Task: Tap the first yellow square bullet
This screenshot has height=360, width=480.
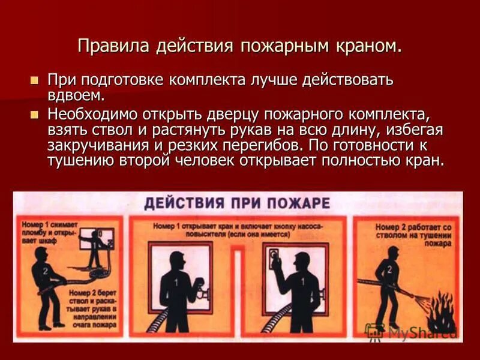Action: pos(34,80)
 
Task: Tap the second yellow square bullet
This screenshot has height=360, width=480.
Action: pos(34,113)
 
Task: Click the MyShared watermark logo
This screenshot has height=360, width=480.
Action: pos(410,332)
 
